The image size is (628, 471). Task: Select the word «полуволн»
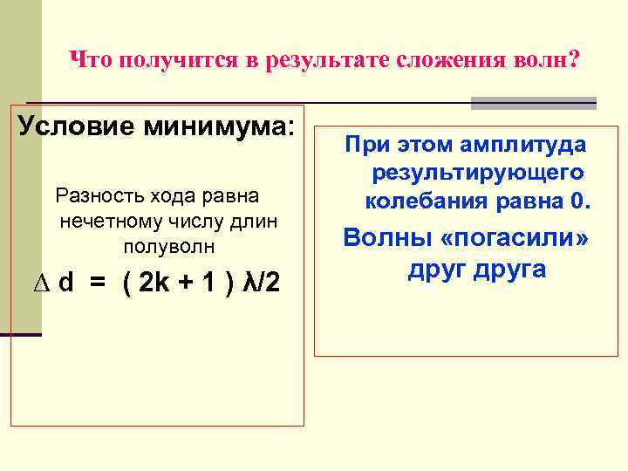coord(169,247)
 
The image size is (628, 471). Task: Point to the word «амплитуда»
coord(527,144)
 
